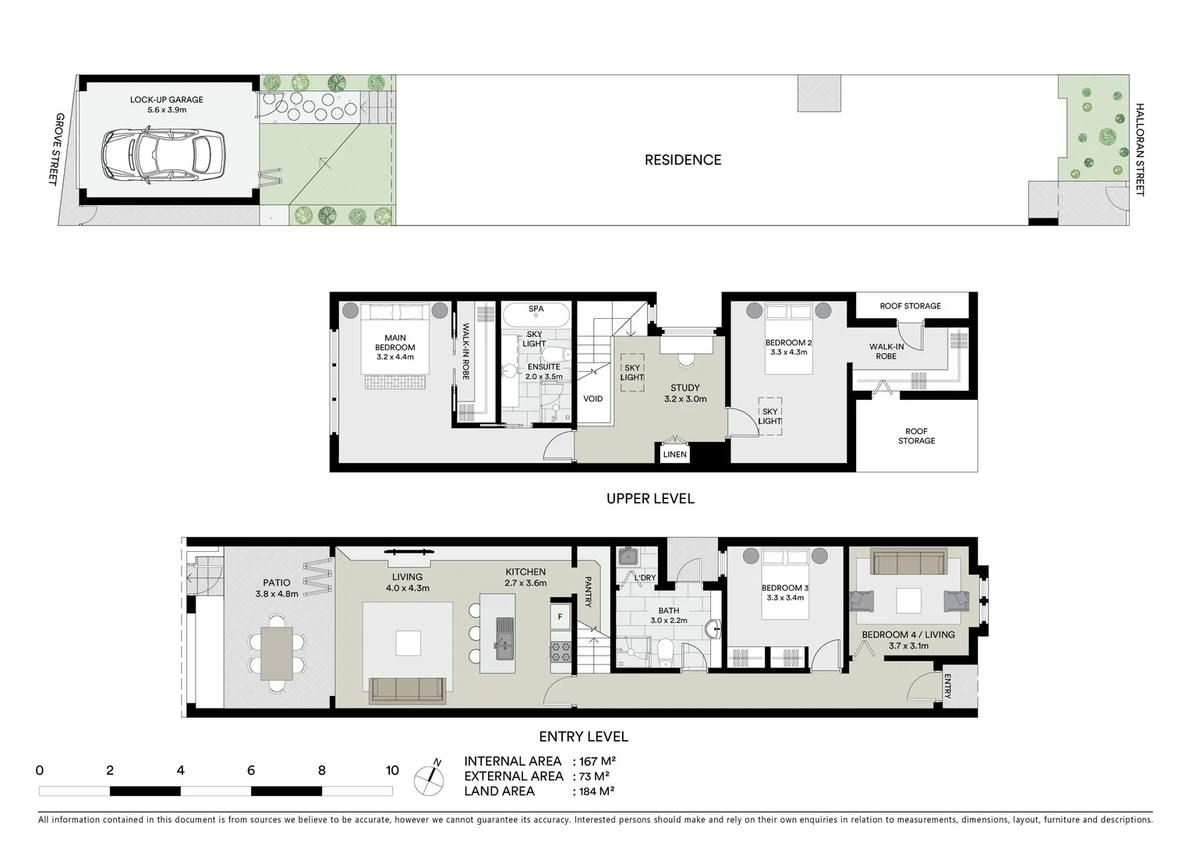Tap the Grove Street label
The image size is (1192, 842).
[x=53, y=148]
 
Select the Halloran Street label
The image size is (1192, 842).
[x=1139, y=150]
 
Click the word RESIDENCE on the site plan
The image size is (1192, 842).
[x=682, y=160]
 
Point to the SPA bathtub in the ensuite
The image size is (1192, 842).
[x=536, y=316]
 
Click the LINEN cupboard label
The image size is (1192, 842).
[x=674, y=455]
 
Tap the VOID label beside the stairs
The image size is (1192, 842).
[x=592, y=399]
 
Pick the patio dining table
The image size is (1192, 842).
[x=276, y=653]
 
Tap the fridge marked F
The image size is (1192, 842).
[x=561, y=617]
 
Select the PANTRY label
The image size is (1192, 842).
[x=588, y=591]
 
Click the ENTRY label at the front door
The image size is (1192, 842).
[x=947, y=686]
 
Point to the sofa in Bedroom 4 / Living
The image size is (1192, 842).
[x=908, y=564]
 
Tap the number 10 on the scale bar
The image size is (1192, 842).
[x=391, y=770]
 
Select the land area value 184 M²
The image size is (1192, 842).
[x=594, y=791]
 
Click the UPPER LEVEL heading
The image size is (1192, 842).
[x=649, y=498]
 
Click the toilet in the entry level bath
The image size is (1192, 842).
[x=666, y=652]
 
